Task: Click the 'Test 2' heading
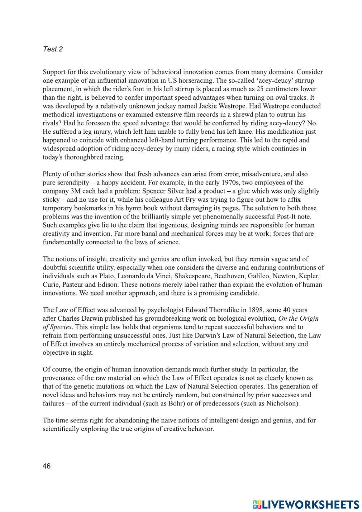pos(52,49)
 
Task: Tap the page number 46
pos(47,466)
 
